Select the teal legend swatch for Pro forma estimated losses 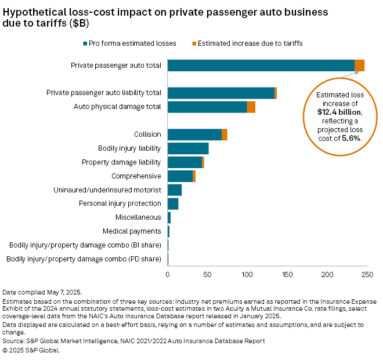coord(86,44)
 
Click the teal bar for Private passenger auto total coord(261,66)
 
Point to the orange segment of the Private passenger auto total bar coord(359,66)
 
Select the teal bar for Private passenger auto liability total coord(221,93)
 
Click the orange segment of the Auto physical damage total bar coord(251,107)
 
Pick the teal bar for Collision coord(194,134)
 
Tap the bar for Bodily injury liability coord(188,148)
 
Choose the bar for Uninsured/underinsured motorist coord(175,190)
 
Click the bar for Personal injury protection coord(173,203)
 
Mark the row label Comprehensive coord(136,176)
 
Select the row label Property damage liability coord(121,162)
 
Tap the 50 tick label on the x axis coord(207,276)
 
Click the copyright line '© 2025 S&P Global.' coord(31,350)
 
